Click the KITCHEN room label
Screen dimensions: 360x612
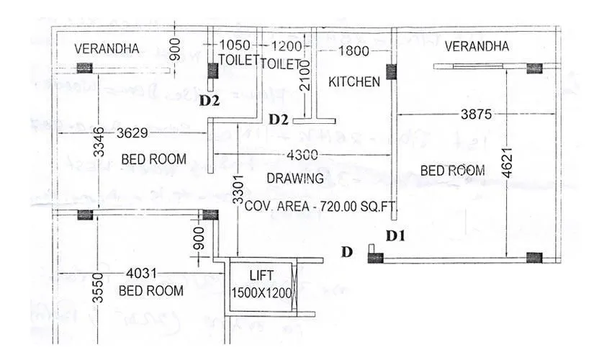[x=354, y=82]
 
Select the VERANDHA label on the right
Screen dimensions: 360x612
[x=477, y=46]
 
